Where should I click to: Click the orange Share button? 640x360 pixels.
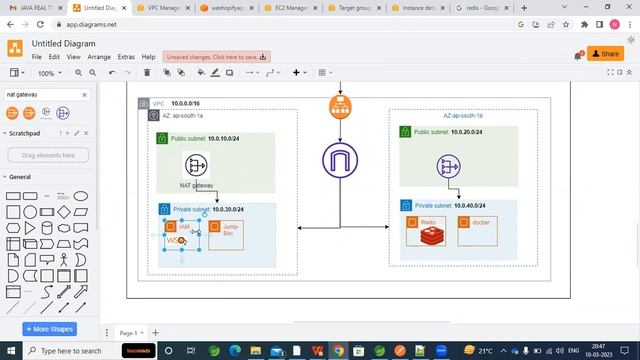point(605,54)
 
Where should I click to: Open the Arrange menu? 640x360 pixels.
point(99,57)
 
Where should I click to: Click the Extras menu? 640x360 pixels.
point(126,57)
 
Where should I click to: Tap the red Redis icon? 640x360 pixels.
point(429,237)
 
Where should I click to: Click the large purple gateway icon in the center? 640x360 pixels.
point(340,161)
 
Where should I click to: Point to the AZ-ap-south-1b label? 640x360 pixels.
point(463,116)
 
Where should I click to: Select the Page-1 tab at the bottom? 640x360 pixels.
point(128,332)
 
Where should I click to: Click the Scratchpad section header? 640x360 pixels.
point(24,133)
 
